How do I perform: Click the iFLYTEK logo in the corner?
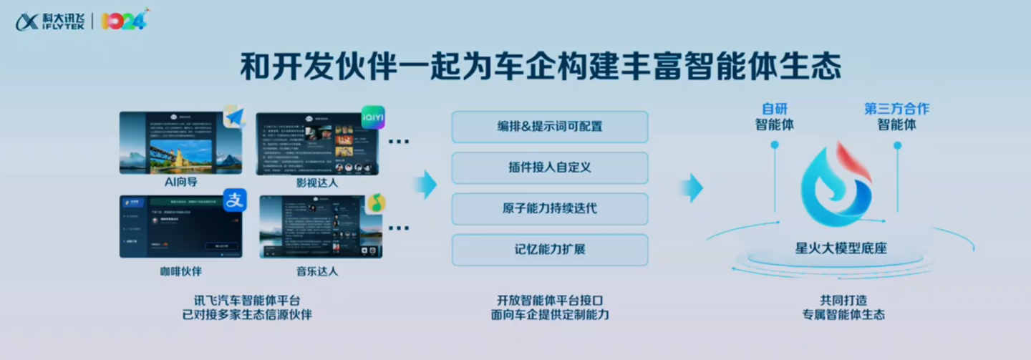[50, 21]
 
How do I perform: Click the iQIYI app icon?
[372, 117]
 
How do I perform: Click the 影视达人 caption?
[316, 183]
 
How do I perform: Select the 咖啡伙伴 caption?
[180, 271]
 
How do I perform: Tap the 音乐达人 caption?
[316, 271]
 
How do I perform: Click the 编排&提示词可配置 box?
[549, 127]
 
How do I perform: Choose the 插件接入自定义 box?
[549, 167]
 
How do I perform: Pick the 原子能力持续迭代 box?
[549, 208]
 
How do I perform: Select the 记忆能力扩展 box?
[549, 250]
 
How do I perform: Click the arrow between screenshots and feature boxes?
[425, 185]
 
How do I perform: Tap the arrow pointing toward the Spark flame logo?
[692, 188]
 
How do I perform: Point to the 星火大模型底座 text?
[841, 249]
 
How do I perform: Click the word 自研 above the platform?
[774, 109]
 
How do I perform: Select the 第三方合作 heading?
[896, 109]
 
